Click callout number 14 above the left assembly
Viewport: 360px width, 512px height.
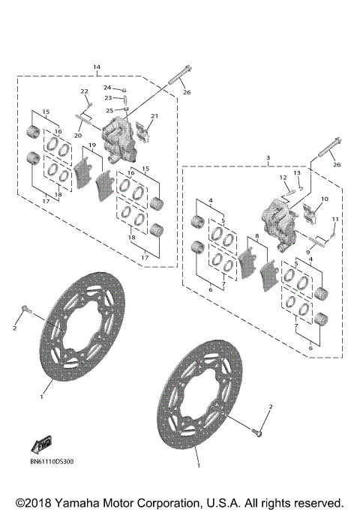[96, 67]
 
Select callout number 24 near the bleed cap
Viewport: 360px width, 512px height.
[108, 88]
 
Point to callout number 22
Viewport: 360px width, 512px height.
[85, 91]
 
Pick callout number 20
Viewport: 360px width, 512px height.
[76, 136]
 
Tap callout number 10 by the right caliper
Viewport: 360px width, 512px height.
[324, 199]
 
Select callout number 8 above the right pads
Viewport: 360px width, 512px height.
[257, 236]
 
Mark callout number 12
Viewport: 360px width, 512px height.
[283, 178]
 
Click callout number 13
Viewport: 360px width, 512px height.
[297, 173]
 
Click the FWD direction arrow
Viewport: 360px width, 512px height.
[41, 445]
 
